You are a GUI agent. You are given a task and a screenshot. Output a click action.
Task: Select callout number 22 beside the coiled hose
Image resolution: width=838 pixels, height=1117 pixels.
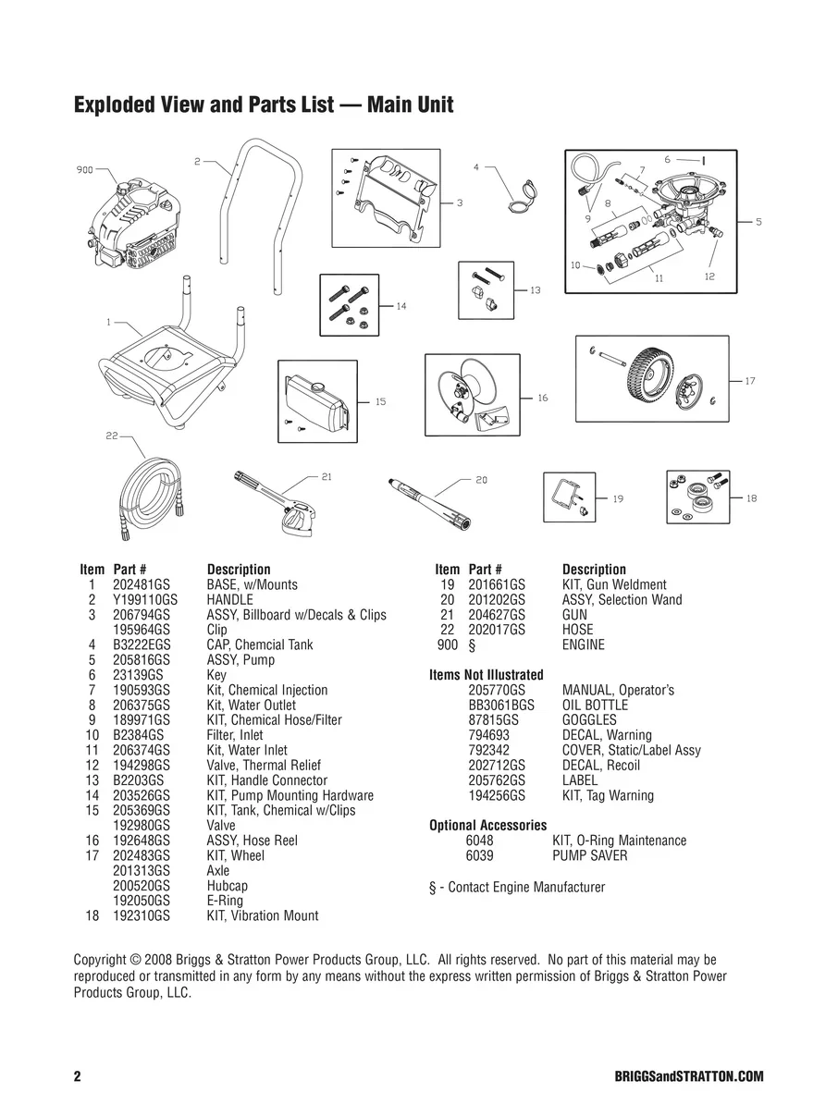click(x=111, y=436)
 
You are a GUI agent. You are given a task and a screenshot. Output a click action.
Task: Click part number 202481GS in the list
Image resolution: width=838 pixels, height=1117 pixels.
click(x=141, y=585)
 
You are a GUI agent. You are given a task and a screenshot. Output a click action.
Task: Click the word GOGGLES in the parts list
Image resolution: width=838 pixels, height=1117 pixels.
click(x=589, y=720)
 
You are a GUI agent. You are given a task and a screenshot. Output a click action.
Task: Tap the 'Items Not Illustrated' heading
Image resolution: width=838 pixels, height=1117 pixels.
click(x=487, y=675)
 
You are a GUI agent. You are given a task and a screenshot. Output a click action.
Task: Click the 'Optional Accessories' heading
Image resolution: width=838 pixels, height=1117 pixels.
click(x=487, y=826)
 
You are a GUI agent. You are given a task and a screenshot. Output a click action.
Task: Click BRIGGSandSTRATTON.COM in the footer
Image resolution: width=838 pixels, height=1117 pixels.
click(x=688, y=1077)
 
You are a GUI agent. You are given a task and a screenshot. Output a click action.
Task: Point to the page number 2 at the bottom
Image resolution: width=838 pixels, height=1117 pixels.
click(x=78, y=1077)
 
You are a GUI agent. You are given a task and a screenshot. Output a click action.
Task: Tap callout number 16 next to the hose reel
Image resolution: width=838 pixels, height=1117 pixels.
click(x=542, y=398)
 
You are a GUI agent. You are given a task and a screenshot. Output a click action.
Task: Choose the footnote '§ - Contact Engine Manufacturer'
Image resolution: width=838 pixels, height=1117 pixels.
click(x=517, y=888)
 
